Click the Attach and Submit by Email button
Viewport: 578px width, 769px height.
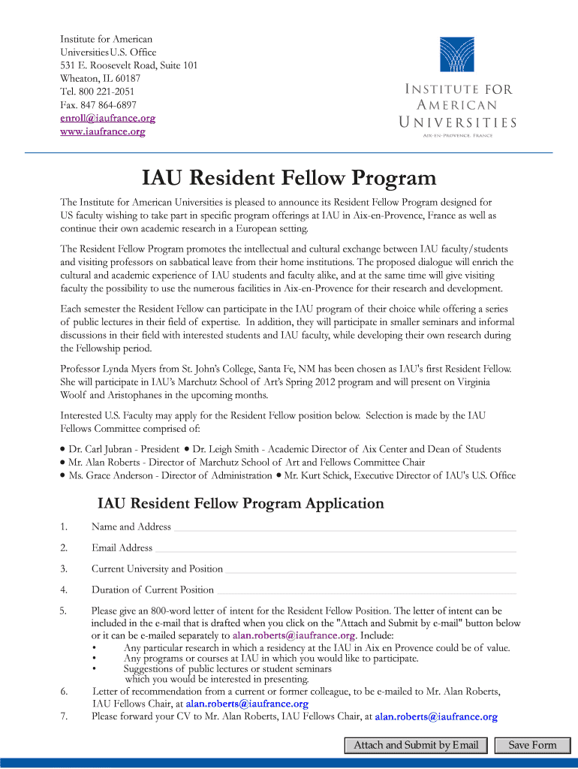[415, 745]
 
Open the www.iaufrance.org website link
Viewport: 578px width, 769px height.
[102, 132]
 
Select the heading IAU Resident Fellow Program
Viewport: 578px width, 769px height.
[289, 178]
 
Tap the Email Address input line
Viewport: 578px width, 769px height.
[336, 548]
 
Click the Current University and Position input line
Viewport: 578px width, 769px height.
[371, 569]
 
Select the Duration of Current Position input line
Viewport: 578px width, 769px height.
[366, 590]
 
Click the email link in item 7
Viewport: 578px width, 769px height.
[435, 717]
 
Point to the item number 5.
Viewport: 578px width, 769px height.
[64, 611]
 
